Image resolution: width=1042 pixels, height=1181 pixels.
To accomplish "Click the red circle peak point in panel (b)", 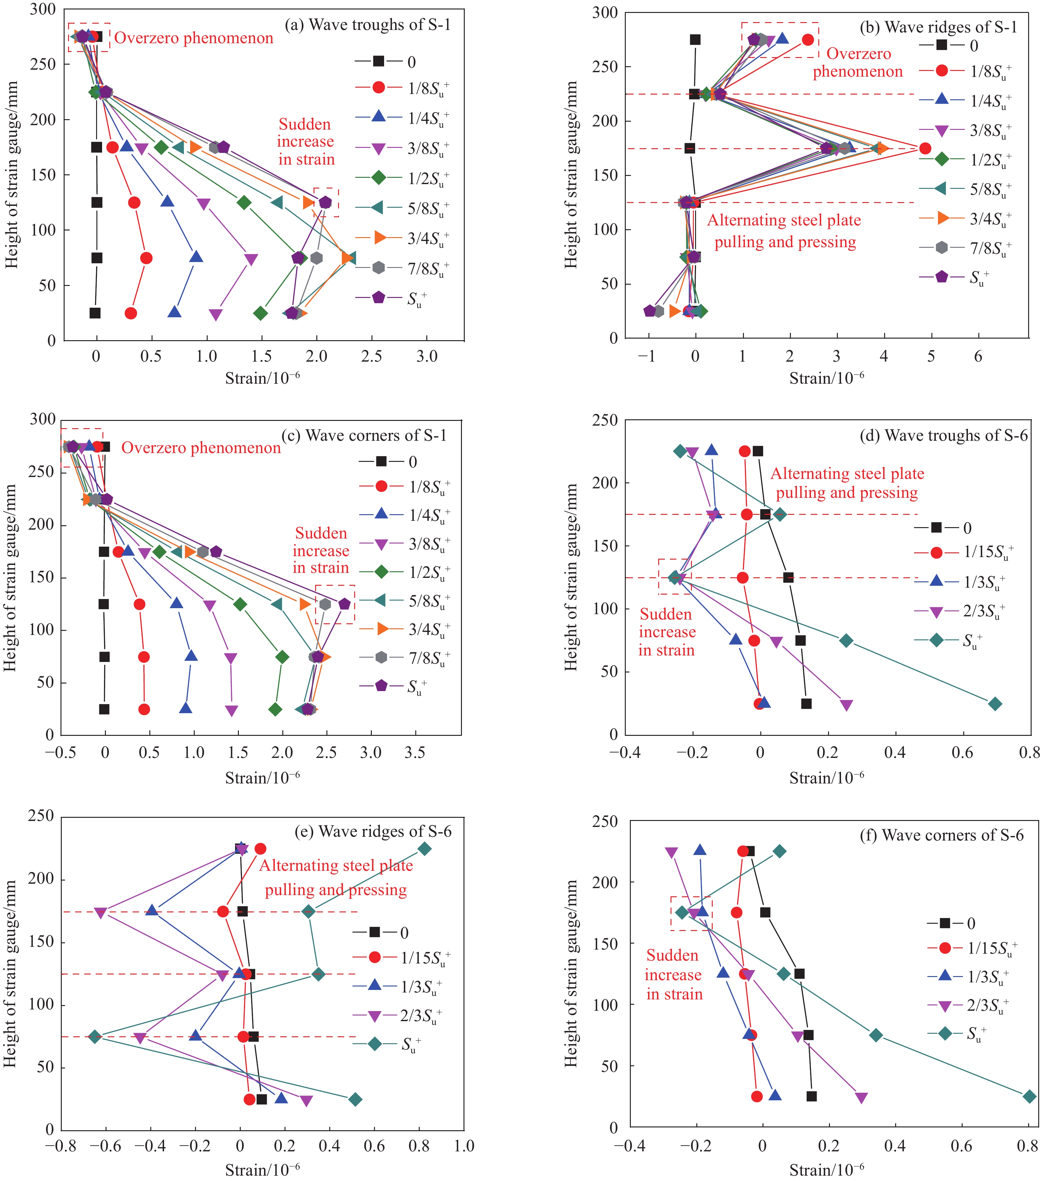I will click(925, 148).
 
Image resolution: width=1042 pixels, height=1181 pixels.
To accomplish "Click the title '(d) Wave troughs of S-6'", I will click(944, 435).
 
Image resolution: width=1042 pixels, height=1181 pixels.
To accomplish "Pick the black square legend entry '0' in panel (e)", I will click(381, 932).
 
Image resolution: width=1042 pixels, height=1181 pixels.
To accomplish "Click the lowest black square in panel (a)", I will click(95, 313).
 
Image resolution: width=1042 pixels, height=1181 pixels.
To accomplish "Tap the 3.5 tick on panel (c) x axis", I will click(415, 753).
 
